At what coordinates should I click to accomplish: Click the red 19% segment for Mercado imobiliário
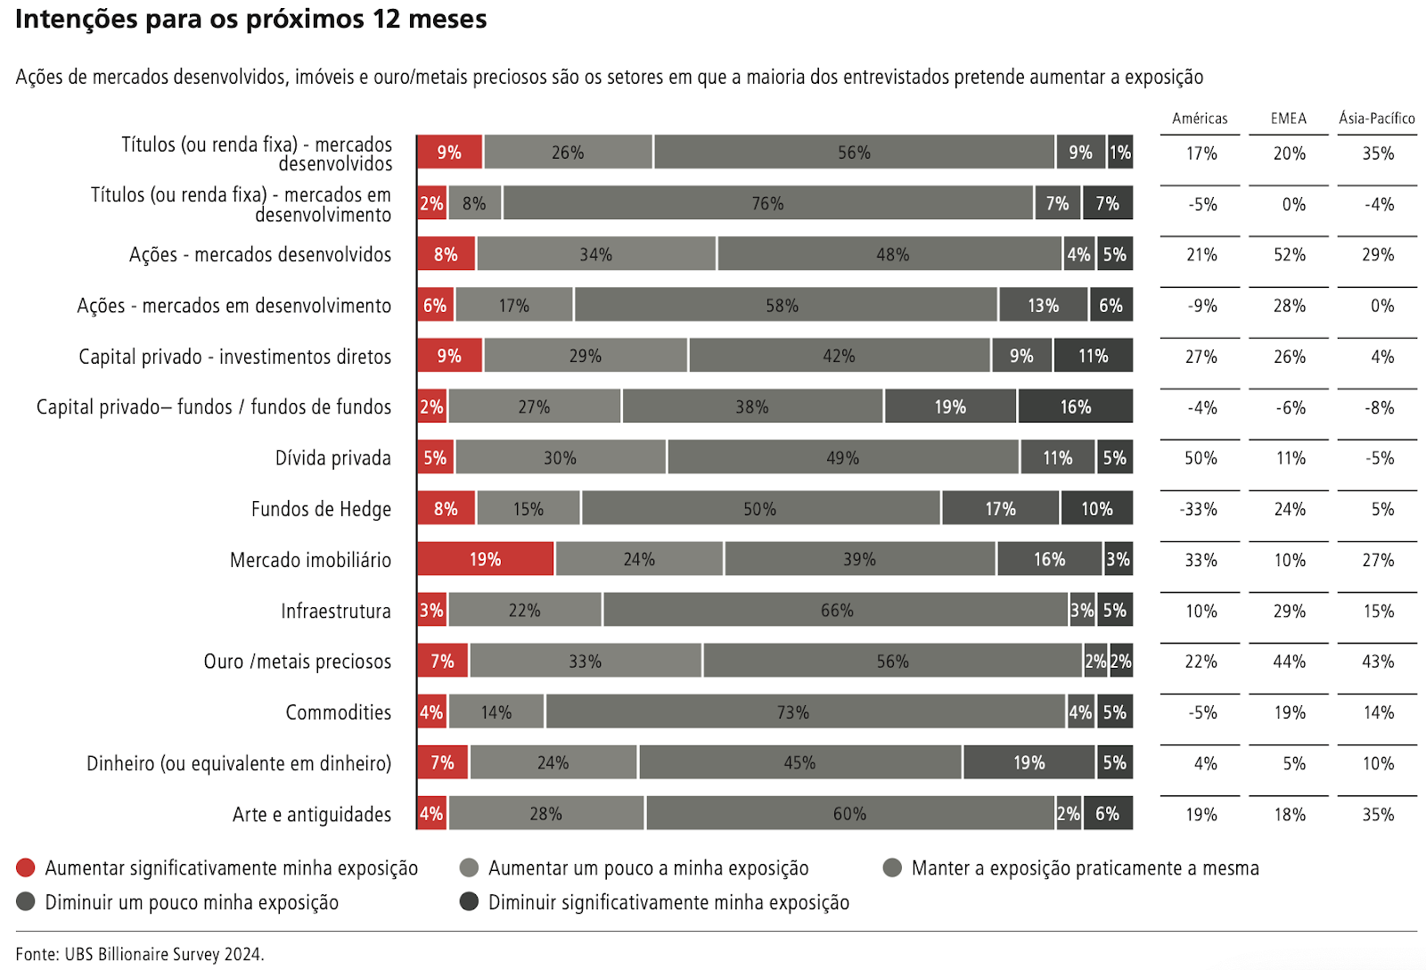coord(486,559)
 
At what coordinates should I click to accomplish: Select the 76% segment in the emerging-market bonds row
coord(767,203)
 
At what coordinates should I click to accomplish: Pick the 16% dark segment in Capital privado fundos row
coord(1075,407)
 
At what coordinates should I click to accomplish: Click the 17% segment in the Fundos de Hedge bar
coord(1000,508)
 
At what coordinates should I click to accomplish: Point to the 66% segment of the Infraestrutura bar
coord(836,611)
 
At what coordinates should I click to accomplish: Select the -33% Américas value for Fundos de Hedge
coord(1199,509)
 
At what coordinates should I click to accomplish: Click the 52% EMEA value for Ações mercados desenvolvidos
coord(1289,255)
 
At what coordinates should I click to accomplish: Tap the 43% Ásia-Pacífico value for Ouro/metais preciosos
coord(1377,662)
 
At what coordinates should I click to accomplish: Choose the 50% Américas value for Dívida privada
coord(1200,458)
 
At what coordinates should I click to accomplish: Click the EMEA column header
coord(1288,119)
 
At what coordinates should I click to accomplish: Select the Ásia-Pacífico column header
coord(1376,119)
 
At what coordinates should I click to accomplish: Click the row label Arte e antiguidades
coord(311,814)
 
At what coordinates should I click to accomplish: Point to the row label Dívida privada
coord(332,458)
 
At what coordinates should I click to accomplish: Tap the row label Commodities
coord(338,712)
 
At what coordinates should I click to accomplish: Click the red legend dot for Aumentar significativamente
coord(26,867)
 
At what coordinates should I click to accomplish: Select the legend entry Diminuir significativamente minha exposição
coord(668,902)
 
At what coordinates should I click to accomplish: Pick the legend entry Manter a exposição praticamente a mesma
coord(1084,867)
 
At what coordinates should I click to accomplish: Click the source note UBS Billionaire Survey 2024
coord(140,954)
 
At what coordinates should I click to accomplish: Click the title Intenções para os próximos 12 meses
coord(250,19)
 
